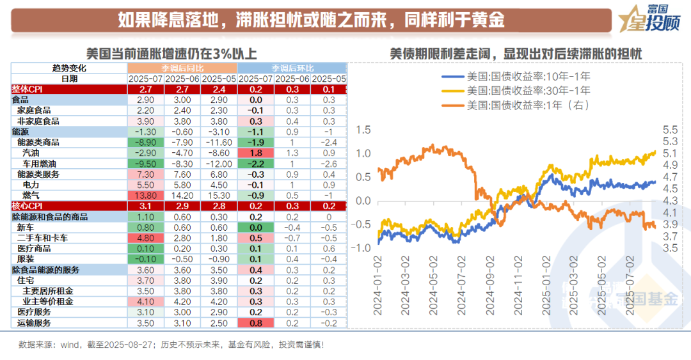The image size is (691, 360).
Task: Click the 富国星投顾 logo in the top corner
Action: tap(651, 20)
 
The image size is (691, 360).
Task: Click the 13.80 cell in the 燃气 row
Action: tap(145, 195)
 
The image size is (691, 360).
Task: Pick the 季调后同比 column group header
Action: tap(182, 68)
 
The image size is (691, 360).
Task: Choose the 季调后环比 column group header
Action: tap(292, 68)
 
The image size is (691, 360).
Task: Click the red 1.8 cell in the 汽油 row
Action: tap(256, 153)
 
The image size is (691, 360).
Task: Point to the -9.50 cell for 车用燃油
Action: tap(145, 164)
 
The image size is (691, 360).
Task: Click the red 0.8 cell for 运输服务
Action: tap(256, 322)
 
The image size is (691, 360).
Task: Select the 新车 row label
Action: tap(26, 227)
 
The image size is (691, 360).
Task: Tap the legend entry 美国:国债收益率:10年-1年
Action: tap(518, 77)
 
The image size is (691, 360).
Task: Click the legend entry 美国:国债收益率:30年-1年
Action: tap(518, 91)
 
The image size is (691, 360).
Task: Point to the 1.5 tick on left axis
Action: tap(363, 130)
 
